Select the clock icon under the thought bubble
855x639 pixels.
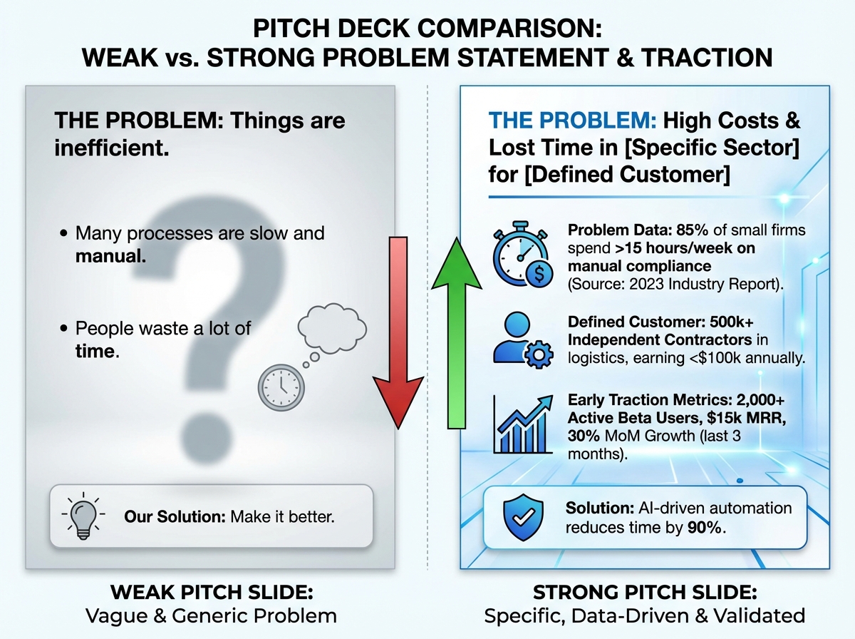pos(281,387)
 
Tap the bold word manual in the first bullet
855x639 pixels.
pos(110,254)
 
